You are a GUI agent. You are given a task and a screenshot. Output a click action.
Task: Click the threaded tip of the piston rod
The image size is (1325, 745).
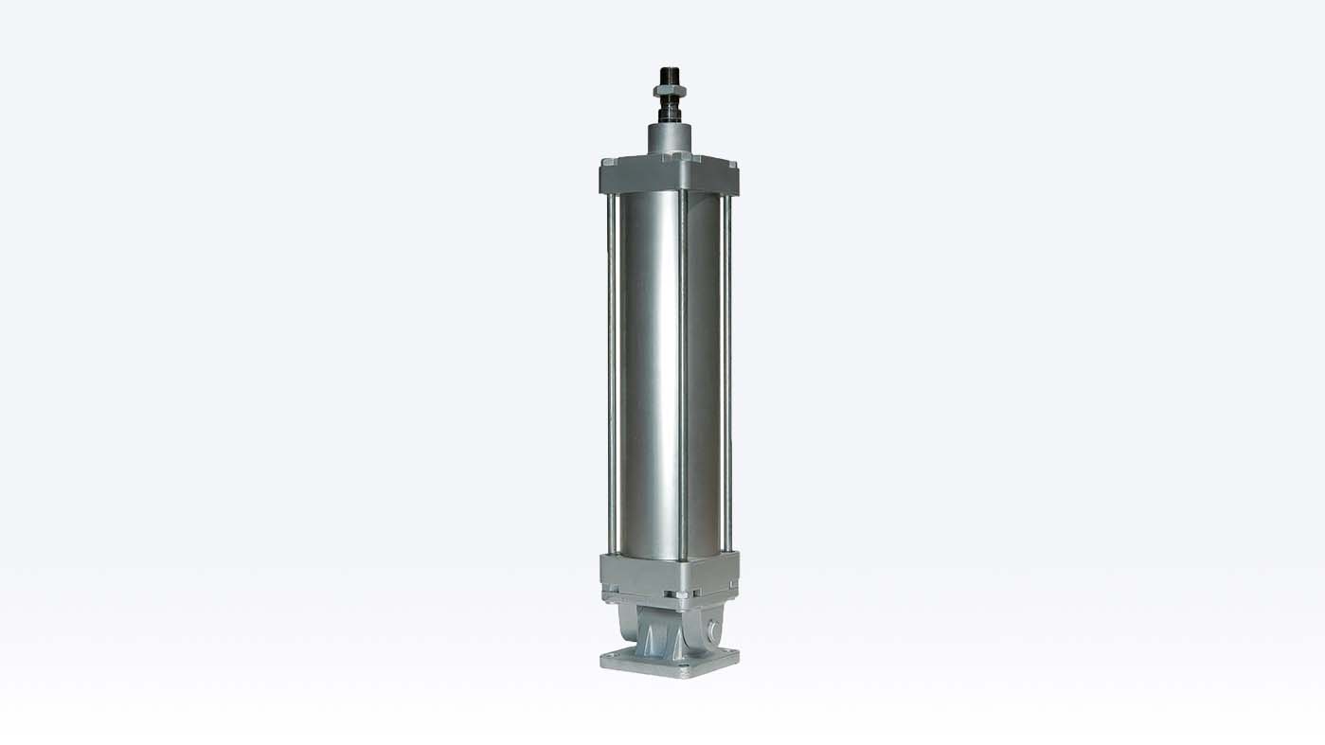point(670,75)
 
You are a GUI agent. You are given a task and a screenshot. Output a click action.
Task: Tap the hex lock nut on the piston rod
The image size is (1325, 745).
point(670,91)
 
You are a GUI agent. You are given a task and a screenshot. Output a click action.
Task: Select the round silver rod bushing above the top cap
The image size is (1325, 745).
point(670,138)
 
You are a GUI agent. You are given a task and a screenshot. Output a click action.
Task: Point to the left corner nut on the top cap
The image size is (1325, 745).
point(609,162)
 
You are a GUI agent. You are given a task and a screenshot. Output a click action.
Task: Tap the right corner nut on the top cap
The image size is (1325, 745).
point(732,164)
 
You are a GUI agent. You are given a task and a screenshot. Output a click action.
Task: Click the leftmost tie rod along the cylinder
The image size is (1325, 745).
point(611,369)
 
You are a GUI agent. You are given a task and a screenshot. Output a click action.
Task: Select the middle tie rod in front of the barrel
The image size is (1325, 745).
point(682,369)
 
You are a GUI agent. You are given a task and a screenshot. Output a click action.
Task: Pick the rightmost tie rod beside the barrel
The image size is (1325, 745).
point(727,369)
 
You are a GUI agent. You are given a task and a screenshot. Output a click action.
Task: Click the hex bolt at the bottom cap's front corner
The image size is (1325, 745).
point(682,594)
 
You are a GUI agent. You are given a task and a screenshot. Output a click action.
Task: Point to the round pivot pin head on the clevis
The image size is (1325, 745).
point(714,631)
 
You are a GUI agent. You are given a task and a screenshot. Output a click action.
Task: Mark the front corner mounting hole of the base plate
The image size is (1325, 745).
point(682,665)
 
